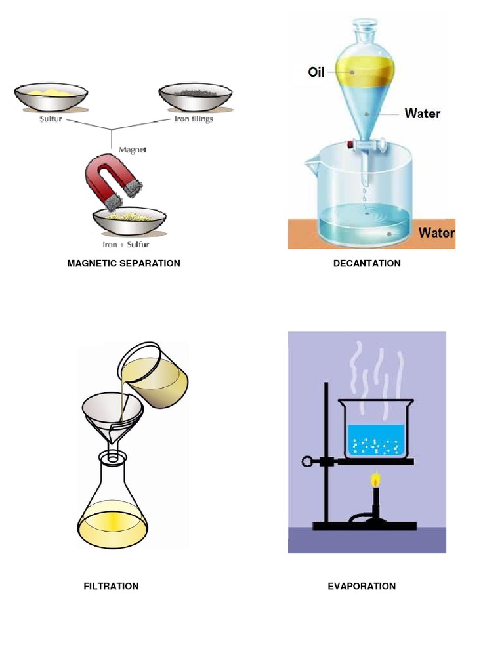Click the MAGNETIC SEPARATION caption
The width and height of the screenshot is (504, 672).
tap(123, 263)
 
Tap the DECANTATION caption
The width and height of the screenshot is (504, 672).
tap(367, 263)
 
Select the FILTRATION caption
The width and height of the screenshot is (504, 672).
tap(111, 586)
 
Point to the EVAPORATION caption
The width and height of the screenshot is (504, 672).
tap(362, 586)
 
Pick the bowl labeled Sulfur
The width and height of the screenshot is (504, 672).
tap(51, 97)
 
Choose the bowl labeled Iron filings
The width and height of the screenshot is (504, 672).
tap(196, 97)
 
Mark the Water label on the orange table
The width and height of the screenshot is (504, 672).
tap(436, 232)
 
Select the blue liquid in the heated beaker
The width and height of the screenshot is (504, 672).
tap(377, 440)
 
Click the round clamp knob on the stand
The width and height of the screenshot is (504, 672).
tap(307, 461)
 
